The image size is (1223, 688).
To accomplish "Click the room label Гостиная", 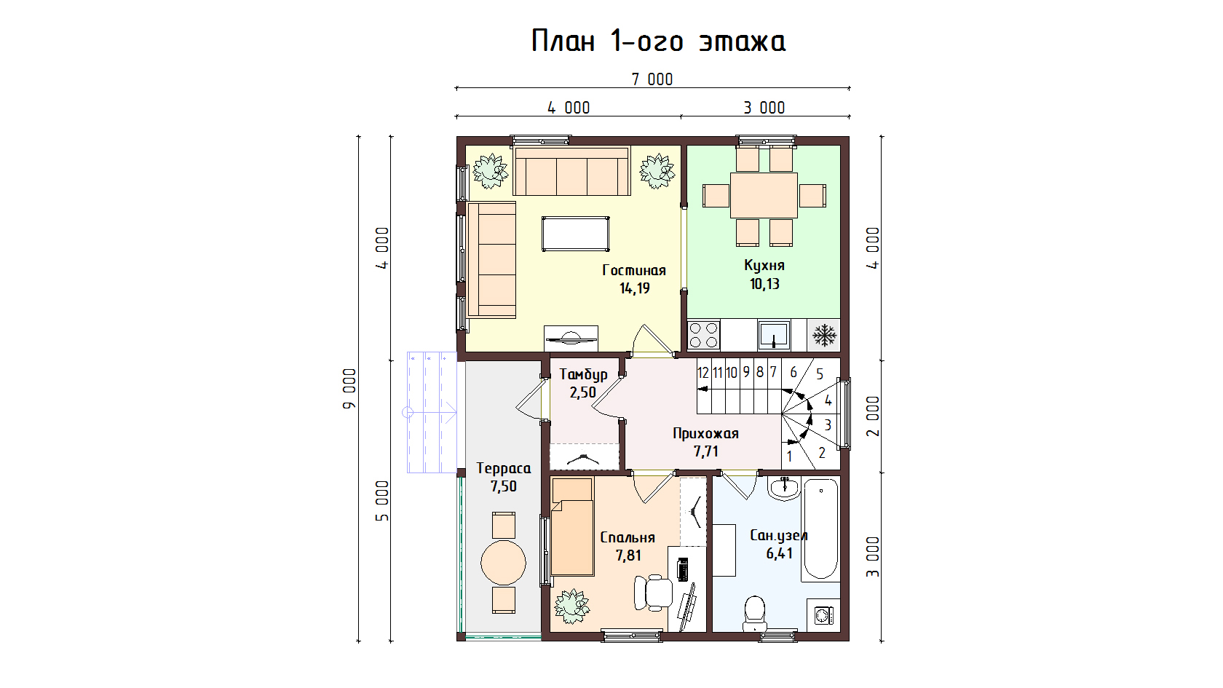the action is tap(634, 269).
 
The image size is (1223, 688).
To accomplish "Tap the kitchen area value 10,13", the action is tap(764, 284).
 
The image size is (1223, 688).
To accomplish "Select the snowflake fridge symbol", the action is tap(824, 335).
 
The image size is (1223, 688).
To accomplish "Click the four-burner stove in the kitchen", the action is tap(704, 335).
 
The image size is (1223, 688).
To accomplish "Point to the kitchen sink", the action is tap(774, 335).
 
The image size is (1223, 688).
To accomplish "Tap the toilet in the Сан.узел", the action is tap(754, 614).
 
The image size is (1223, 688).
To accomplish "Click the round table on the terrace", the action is tap(504, 562).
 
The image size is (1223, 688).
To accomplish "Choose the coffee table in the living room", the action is tap(575, 234).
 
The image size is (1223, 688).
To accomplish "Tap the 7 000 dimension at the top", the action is tap(652, 80).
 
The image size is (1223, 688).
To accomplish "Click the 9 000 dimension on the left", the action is tap(349, 389).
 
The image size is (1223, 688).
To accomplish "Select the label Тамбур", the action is tap(583, 374).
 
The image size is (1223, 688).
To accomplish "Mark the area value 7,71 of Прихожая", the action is tap(706, 451).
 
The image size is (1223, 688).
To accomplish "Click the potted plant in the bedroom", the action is tap(571, 606).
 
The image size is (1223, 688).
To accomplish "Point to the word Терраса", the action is tap(504, 469).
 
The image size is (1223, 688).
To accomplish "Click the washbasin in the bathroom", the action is tap(785, 489).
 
